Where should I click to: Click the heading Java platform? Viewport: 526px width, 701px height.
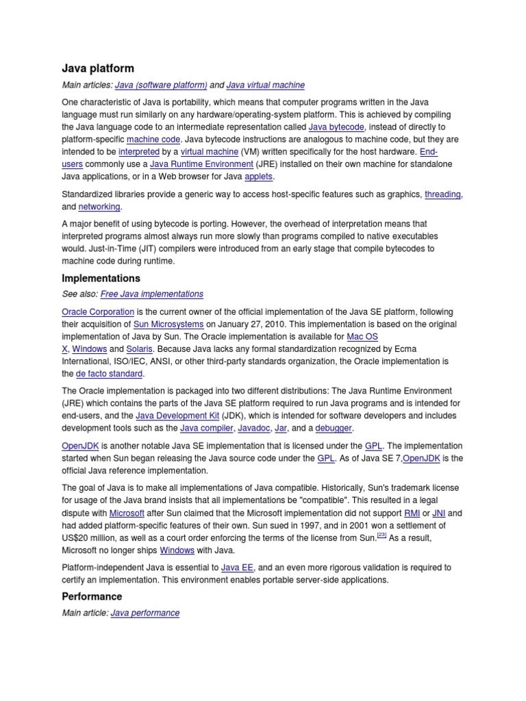(x=98, y=68)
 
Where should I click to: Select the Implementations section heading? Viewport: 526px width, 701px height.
(x=101, y=279)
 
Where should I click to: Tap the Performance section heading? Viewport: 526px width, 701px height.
(x=92, y=596)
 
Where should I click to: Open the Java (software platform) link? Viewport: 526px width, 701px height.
(x=161, y=85)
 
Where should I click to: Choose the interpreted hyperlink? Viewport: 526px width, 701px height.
(x=139, y=151)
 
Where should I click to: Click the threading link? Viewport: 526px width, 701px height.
(x=443, y=194)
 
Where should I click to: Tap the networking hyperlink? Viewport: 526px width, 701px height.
(x=99, y=207)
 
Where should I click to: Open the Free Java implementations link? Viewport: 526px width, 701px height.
(x=152, y=294)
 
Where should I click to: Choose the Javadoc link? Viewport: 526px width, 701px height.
(x=253, y=428)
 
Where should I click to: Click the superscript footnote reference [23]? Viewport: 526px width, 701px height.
(x=382, y=535)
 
